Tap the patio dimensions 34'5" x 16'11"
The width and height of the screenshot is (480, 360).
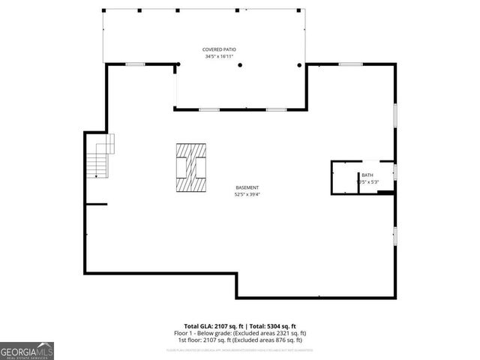pos(220,56)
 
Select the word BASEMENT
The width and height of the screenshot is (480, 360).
pos(247,187)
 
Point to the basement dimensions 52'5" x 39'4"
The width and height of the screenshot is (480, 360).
pos(247,195)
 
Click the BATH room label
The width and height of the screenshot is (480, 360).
pos(367,175)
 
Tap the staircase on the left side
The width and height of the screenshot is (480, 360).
pos(100,156)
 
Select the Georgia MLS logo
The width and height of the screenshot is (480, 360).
pos(27,350)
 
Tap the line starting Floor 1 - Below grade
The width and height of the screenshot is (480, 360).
pos(240,333)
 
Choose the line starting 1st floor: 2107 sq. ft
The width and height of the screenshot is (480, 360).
pos(240,340)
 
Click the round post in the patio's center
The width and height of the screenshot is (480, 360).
pos(240,65)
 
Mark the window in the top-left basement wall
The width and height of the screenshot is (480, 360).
pos(135,64)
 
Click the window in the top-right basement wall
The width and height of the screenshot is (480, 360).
pos(350,64)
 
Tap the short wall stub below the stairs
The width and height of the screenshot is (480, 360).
pos(97,204)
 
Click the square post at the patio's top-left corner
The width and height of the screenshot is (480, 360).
pos(103,10)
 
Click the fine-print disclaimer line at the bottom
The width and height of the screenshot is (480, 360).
pos(240,349)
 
